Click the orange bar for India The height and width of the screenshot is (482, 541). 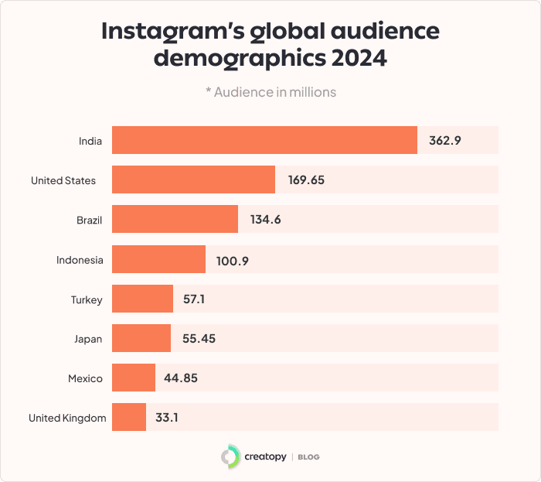click(x=264, y=140)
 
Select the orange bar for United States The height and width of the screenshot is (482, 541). click(x=193, y=179)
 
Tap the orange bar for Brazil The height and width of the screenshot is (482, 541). click(x=175, y=219)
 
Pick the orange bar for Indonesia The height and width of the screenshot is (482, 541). click(x=158, y=259)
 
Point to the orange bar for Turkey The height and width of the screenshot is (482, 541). click(x=142, y=299)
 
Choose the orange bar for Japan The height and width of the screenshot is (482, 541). click(x=141, y=338)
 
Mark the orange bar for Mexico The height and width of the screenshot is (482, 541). click(x=134, y=378)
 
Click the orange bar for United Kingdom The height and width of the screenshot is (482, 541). click(x=129, y=417)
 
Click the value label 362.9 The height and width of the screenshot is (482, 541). click(x=444, y=141)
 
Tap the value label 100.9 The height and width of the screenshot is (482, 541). click(x=232, y=260)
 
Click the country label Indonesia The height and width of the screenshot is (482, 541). click(x=80, y=260)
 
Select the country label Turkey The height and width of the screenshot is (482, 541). click(x=87, y=299)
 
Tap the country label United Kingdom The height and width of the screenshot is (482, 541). click(x=67, y=418)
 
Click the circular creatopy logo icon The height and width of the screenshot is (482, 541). click(x=230, y=456)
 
